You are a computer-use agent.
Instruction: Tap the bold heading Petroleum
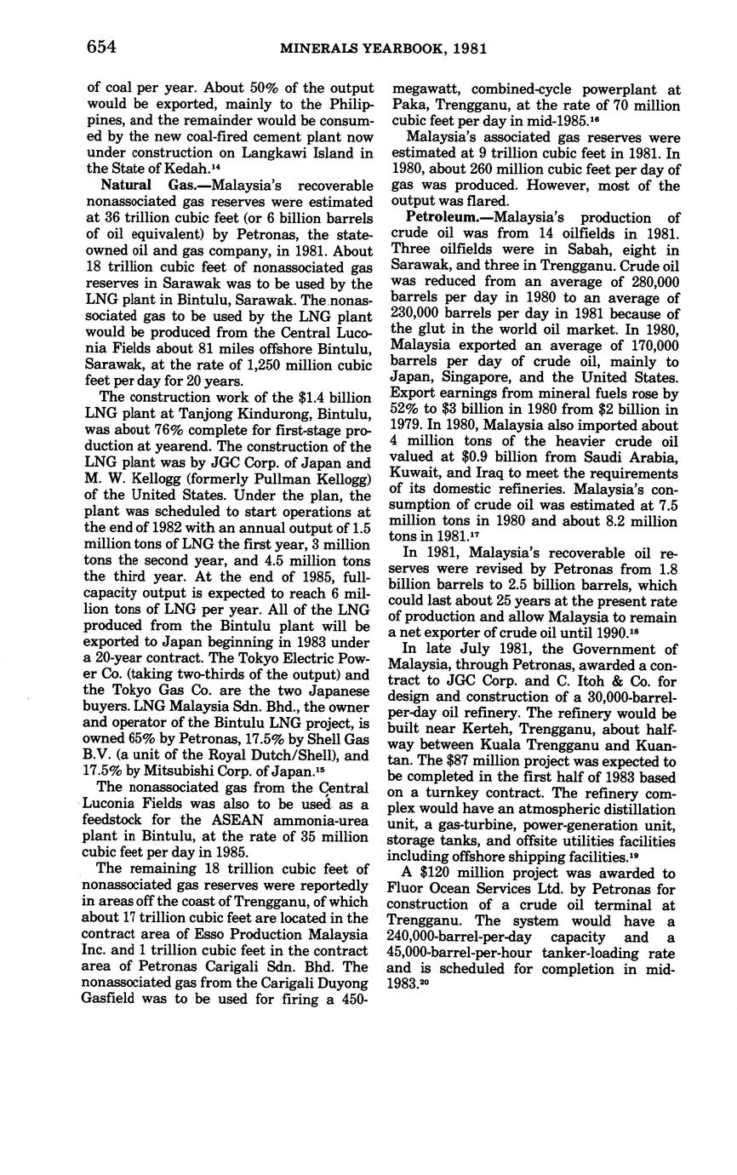pos(441,218)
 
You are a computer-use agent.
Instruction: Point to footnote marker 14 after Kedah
pos(217,166)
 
